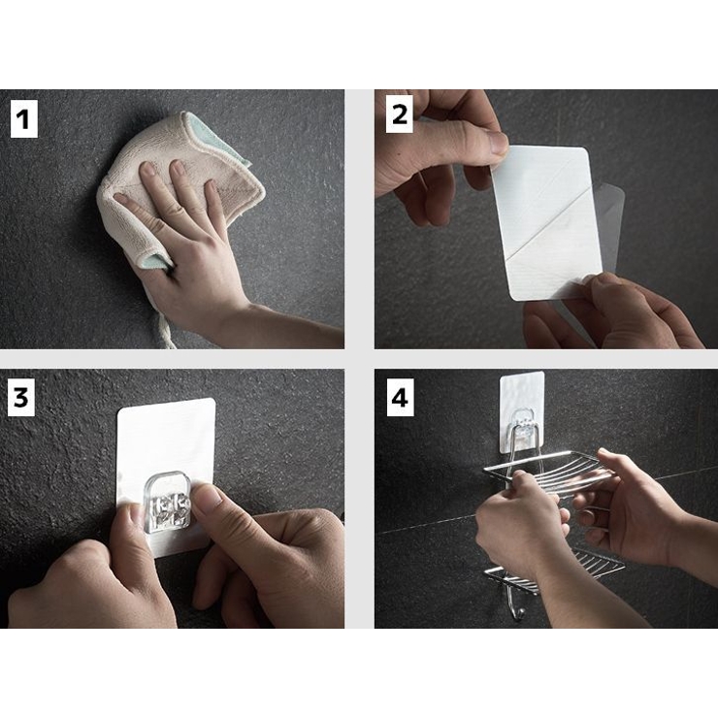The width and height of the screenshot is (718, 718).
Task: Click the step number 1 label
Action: point(23,119)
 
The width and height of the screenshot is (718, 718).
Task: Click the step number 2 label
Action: point(400,114)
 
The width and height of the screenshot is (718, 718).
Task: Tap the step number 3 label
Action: point(21,398)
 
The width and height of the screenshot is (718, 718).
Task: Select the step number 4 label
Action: point(400,398)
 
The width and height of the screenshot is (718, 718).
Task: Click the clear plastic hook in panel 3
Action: point(167,503)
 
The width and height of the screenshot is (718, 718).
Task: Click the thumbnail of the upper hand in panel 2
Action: point(499,142)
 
